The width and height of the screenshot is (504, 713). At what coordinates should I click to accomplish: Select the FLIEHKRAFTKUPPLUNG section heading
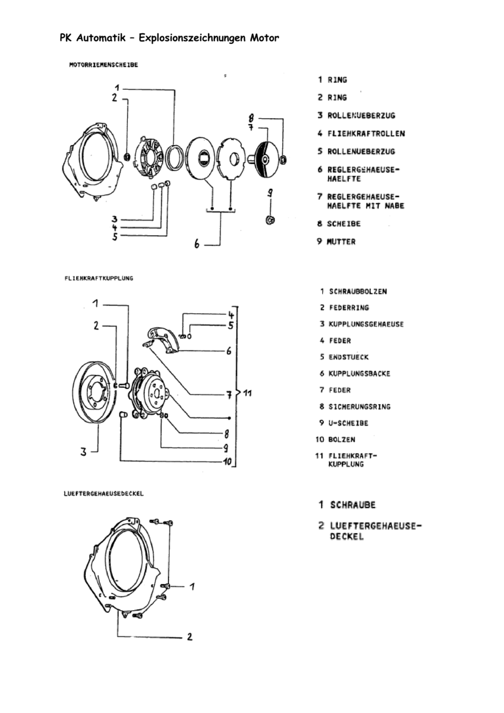[98, 277]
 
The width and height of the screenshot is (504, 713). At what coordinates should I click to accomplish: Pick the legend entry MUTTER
[341, 242]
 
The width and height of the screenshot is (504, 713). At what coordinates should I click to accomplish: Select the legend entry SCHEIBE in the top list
[344, 224]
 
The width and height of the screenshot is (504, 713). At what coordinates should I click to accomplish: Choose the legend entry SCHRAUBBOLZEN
[358, 292]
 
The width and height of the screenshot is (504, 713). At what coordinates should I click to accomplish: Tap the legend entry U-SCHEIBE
[348, 423]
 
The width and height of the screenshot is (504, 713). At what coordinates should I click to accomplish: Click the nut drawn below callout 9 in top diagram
[269, 220]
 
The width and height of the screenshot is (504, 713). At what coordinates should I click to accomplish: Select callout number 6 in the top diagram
[197, 244]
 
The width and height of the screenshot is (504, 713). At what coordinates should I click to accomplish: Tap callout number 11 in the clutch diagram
[248, 393]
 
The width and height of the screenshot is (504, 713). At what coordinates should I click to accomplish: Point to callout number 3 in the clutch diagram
[84, 452]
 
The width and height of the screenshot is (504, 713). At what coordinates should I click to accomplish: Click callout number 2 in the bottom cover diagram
[190, 638]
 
